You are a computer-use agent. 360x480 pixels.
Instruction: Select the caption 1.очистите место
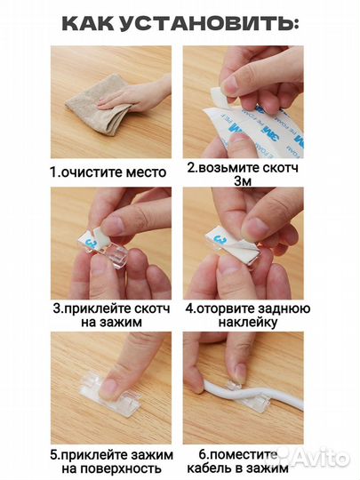[x=108, y=172]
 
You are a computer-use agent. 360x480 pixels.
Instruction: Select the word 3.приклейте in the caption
[x=84, y=310]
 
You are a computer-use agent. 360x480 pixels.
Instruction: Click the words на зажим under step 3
[x=108, y=325]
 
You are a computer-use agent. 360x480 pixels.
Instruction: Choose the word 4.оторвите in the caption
[x=220, y=310]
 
